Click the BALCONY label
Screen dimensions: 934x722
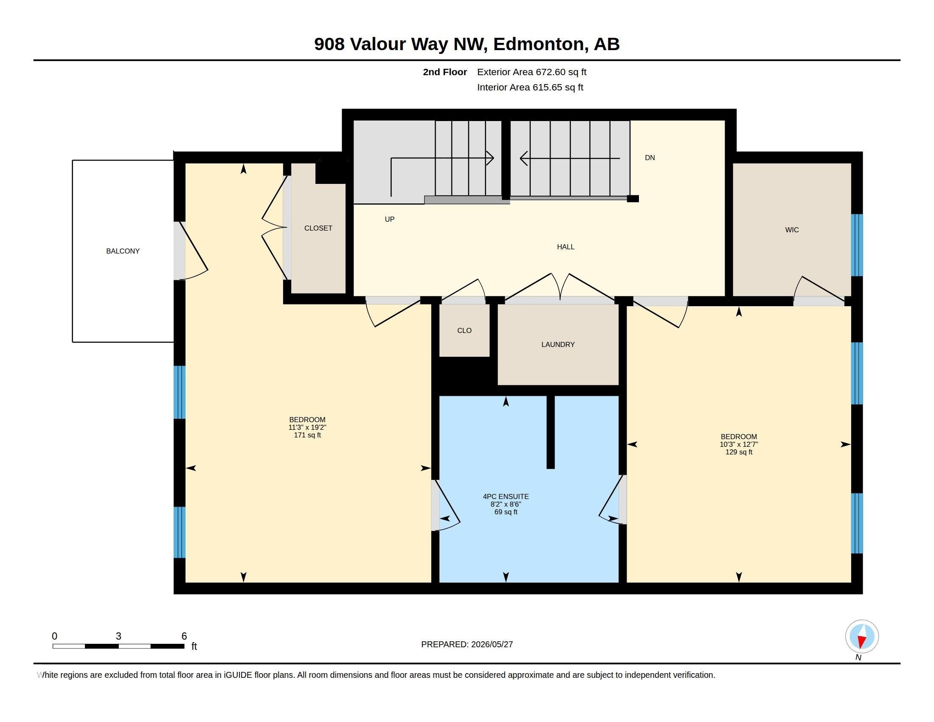pyautogui.click(x=123, y=251)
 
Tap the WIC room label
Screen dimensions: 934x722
pyautogui.click(x=792, y=230)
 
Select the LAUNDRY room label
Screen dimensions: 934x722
pyautogui.click(x=558, y=344)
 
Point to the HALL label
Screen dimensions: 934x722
pyautogui.click(x=565, y=247)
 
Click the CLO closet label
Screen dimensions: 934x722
pyautogui.click(x=464, y=330)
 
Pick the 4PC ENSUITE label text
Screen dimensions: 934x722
pyautogui.click(x=506, y=496)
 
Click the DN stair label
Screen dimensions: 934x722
pyautogui.click(x=650, y=158)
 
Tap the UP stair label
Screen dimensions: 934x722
pyautogui.click(x=389, y=220)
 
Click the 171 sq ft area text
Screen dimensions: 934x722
pyautogui.click(x=307, y=435)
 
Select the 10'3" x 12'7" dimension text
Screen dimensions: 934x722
pyautogui.click(x=739, y=444)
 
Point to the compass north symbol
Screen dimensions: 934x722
pyautogui.click(x=861, y=637)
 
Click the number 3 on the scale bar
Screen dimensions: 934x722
pyautogui.click(x=118, y=636)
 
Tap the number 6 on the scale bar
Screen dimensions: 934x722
pyautogui.click(x=184, y=636)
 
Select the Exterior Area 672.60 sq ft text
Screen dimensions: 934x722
pyautogui.click(x=532, y=72)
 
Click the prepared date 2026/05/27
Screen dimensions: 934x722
pyautogui.click(x=492, y=644)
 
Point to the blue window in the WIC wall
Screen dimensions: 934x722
pyautogui.click(x=857, y=245)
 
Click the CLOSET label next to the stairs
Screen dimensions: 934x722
pyautogui.click(x=318, y=228)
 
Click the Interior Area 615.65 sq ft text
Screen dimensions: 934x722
pyautogui.click(x=530, y=87)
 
